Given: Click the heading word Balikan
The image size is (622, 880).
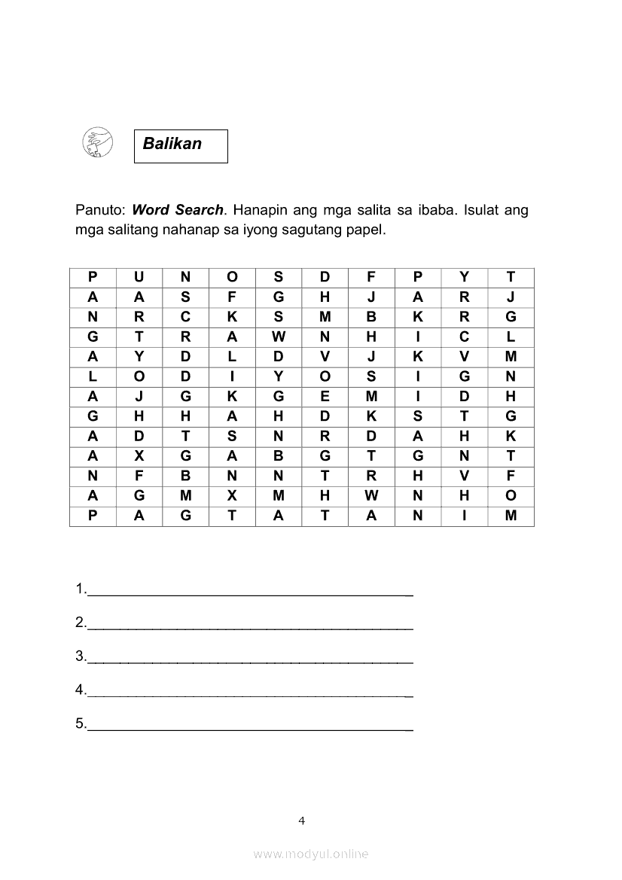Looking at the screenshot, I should click(172, 144).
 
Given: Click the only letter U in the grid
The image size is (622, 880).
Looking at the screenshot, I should click(139, 277).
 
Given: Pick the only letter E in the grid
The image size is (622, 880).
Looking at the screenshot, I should click(325, 396).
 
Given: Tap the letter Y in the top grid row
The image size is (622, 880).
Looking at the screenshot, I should click(465, 277).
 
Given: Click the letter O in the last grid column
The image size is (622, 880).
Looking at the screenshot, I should click(511, 495).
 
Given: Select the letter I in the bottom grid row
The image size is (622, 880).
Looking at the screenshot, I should click(465, 516).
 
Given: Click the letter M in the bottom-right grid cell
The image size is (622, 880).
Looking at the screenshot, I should click(511, 516).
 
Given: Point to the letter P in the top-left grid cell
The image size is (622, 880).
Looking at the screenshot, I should click(93, 277).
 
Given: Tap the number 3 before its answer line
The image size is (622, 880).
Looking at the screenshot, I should click(80, 656).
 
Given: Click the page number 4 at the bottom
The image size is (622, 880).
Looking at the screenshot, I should click(301, 821).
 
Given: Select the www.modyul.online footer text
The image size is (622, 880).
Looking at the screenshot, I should click(311, 854).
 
